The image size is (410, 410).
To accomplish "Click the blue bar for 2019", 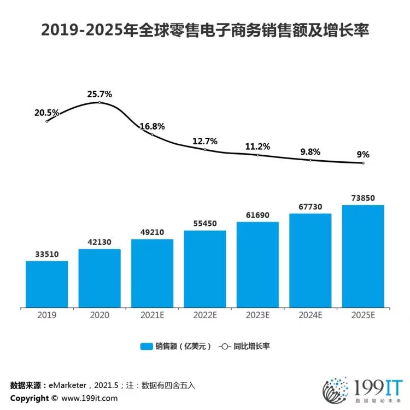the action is point(47,284).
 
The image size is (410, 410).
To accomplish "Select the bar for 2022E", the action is point(205,269).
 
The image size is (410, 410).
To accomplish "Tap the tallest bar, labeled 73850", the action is point(363,256).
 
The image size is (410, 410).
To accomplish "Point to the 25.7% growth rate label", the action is point(99,94).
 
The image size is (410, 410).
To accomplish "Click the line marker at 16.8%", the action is point(153,134).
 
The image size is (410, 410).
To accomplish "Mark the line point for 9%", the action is point(363,163).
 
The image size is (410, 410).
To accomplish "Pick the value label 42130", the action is point(99,242).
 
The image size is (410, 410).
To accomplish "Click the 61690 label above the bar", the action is point(257,215).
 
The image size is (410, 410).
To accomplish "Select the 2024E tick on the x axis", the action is point(311,315).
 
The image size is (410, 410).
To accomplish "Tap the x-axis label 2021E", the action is point(153,315).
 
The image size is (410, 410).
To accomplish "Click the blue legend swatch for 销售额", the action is point(147,347).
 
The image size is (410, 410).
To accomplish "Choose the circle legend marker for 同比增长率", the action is point(225,347).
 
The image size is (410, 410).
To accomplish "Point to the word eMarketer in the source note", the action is point(67,385).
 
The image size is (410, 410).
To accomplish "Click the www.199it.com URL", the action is point(90,398).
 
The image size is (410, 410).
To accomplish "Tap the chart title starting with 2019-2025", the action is point(205,30).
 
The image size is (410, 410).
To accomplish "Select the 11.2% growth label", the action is point(257,147).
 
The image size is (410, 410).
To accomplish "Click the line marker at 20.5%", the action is point(47,121).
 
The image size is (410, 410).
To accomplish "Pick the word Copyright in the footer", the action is point(30,398).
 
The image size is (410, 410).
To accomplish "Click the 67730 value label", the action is point(311,207).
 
